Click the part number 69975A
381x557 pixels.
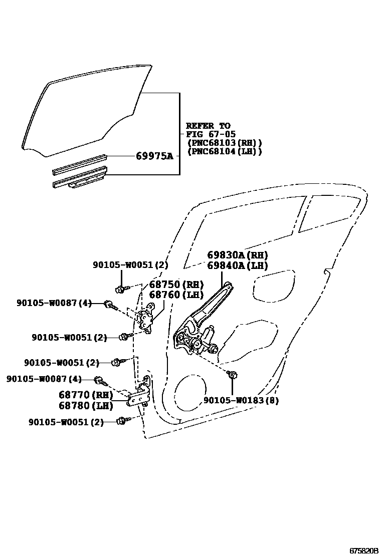(x=154, y=156)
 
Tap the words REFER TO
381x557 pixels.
(x=208, y=126)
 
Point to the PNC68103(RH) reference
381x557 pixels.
(x=224, y=143)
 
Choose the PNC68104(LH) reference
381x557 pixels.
(x=224, y=151)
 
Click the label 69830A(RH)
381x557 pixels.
(x=238, y=255)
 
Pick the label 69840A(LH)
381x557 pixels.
(x=238, y=265)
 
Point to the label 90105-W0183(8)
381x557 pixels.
(x=241, y=400)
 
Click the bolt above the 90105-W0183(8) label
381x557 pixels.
(x=232, y=374)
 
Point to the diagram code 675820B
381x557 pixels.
(x=363, y=550)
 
